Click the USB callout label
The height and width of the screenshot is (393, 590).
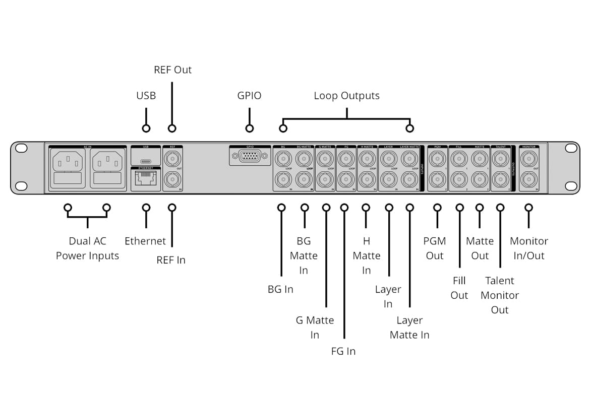click(x=146, y=95)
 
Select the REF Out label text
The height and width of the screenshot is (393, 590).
click(x=172, y=70)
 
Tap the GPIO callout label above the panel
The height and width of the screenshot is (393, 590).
click(x=249, y=95)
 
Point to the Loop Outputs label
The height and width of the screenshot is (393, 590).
click(x=346, y=95)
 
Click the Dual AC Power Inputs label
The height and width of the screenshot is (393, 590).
click(x=87, y=248)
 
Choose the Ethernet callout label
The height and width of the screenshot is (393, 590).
click(x=145, y=241)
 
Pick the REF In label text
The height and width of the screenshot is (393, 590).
click(x=171, y=260)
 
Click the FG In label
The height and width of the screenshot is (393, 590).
click(x=343, y=351)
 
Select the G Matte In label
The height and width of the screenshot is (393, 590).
click(x=315, y=327)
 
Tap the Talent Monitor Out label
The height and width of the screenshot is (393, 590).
click(x=500, y=295)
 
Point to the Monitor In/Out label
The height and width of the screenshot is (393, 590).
click(x=529, y=248)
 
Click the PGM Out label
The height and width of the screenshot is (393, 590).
click(x=435, y=248)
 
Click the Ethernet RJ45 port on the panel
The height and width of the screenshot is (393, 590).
click(x=146, y=179)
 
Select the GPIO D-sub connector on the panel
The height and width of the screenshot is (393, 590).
click(x=249, y=157)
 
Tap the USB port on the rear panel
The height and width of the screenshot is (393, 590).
click(x=146, y=157)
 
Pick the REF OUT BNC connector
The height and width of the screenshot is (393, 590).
click(x=172, y=160)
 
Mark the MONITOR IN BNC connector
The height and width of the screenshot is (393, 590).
click(x=528, y=178)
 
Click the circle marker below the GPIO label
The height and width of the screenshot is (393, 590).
click(x=249, y=128)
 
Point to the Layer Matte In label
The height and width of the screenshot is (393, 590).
click(x=409, y=327)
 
